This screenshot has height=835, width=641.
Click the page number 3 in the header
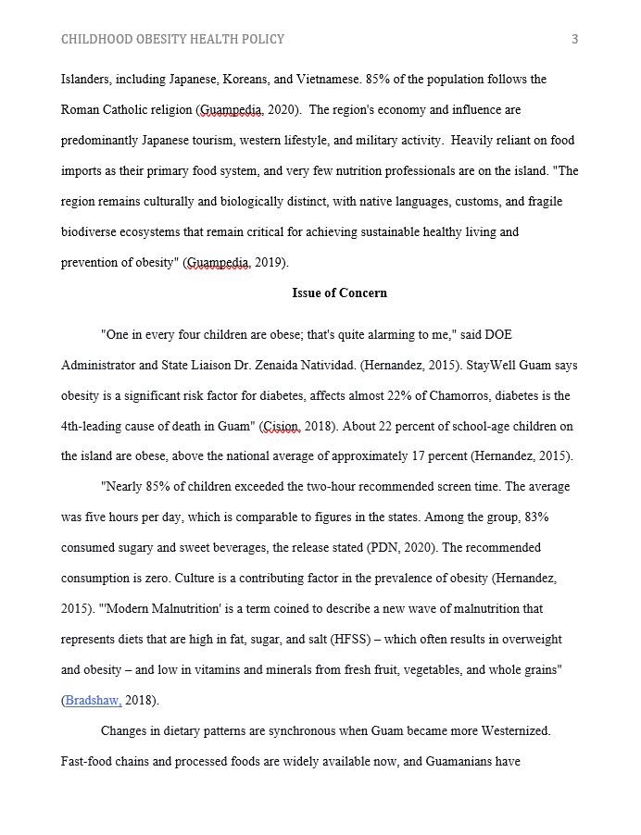click(x=574, y=39)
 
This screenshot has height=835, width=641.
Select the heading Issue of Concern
click(x=339, y=293)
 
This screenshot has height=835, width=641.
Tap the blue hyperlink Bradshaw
click(x=93, y=701)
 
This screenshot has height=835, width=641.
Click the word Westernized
click(x=514, y=731)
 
